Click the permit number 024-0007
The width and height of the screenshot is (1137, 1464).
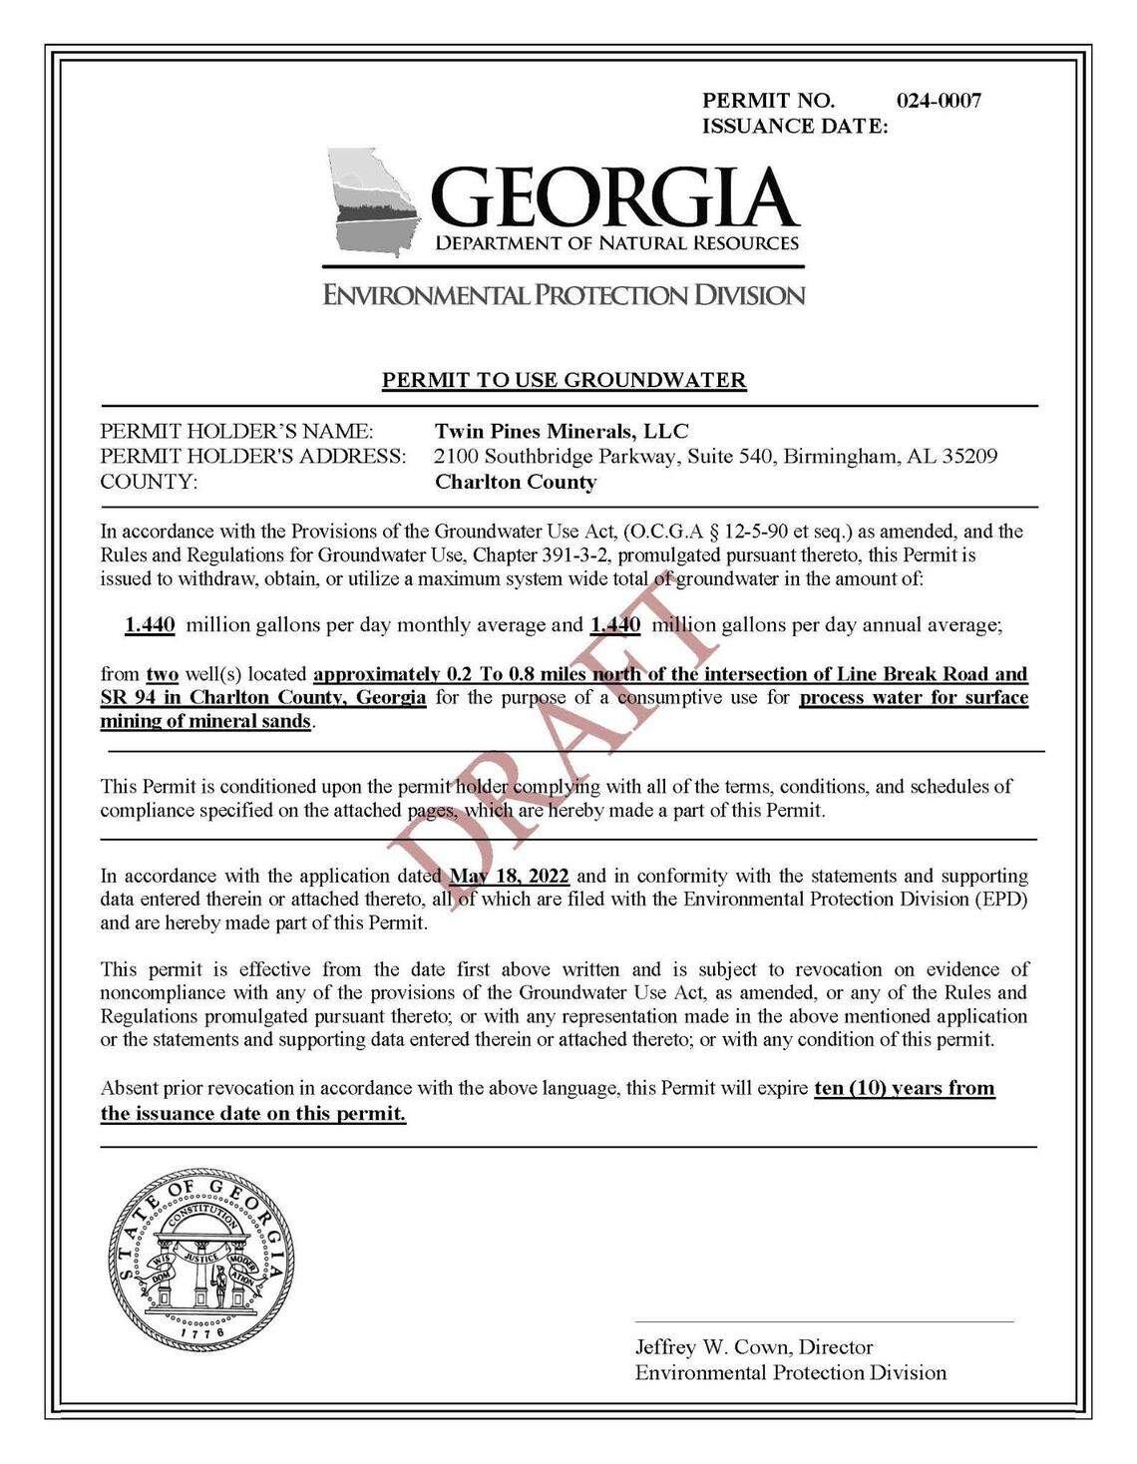(938, 101)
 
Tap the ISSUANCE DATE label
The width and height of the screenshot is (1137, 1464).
(795, 126)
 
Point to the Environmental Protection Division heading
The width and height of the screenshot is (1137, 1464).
(563, 294)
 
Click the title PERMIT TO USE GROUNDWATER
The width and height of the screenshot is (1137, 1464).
(565, 380)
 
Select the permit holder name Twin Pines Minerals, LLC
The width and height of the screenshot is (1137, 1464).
(562, 432)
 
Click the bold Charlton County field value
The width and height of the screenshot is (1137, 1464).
(516, 483)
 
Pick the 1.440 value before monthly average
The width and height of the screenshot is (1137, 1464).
(150, 625)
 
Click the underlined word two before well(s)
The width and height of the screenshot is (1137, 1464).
(163, 673)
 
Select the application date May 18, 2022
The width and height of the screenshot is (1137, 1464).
(509, 877)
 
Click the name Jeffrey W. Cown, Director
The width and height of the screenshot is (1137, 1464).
(754, 1347)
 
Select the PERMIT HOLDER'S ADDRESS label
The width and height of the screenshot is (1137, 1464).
(253, 457)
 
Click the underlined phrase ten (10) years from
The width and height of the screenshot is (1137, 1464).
(905, 1088)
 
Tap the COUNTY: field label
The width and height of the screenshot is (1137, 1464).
(150, 483)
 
